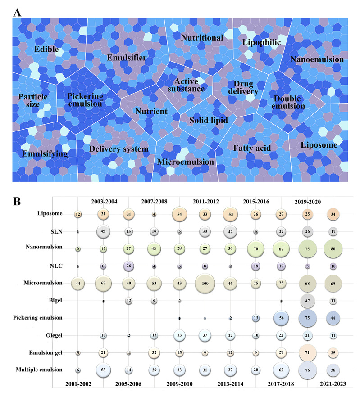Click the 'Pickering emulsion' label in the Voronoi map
point(86,100)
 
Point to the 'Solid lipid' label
point(208,121)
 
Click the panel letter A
point(17,13)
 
